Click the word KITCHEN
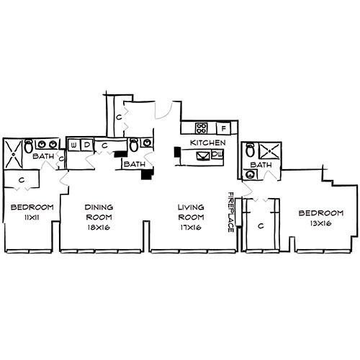point(208,143)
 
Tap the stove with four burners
point(202,128)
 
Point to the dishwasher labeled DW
point(217,154)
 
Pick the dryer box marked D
point(87,144)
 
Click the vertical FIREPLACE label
point(231,212)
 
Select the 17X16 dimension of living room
point(190,228)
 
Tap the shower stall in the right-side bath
point(269,151)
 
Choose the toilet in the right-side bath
point(251,150)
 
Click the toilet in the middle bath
point(134,145)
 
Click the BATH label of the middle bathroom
point(133,163)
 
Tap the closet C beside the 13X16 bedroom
point(260,226)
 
